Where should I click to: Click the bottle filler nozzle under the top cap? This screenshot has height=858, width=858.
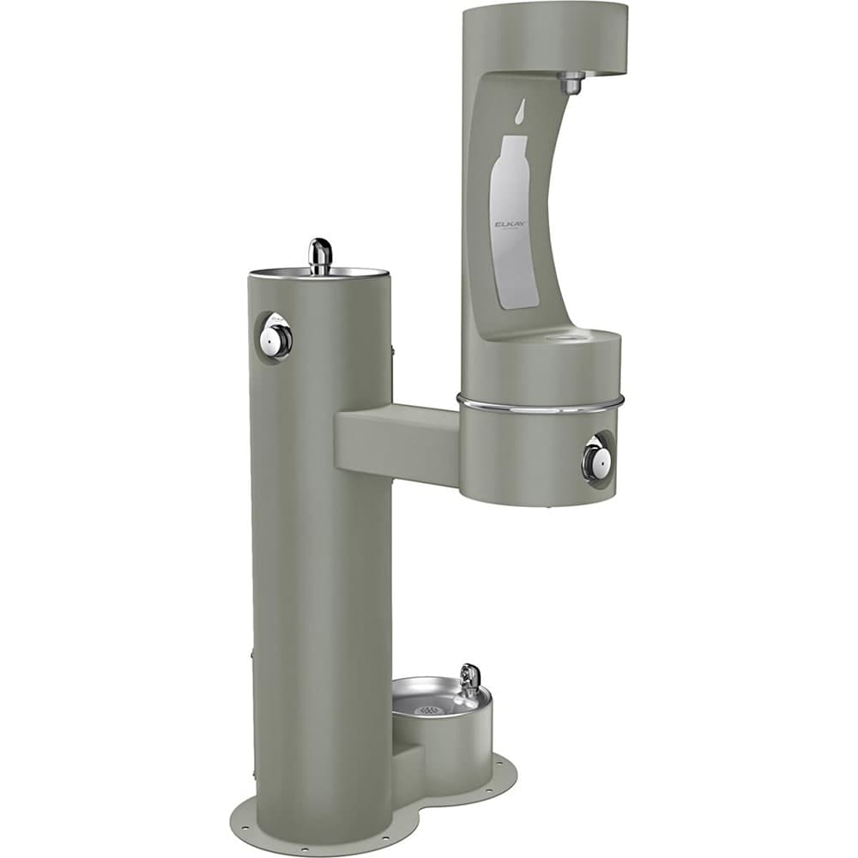click(570, 82)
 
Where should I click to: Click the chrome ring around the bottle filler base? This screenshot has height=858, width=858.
click(541, 402)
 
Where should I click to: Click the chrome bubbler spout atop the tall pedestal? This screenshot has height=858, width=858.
click(319, 255)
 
